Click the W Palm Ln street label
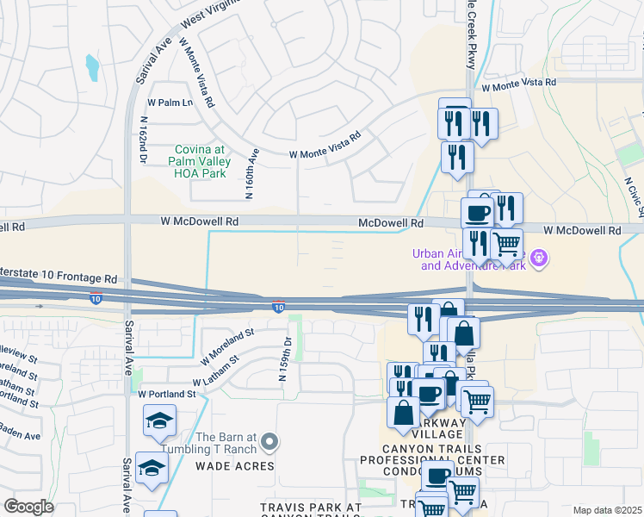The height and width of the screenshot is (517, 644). coord(171,102)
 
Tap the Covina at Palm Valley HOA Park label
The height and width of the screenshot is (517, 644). coord(211,161)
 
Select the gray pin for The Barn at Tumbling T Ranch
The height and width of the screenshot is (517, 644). coord(270,443)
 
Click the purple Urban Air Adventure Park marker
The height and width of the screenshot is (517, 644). coord(540,257)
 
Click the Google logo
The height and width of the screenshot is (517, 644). coord(28,506)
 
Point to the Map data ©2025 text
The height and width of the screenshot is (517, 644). coord(607,510)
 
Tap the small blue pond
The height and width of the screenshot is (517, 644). coord(91,65)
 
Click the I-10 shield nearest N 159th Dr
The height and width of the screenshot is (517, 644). coord(278,306)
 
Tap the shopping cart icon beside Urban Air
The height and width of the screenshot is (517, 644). coord(507,244)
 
